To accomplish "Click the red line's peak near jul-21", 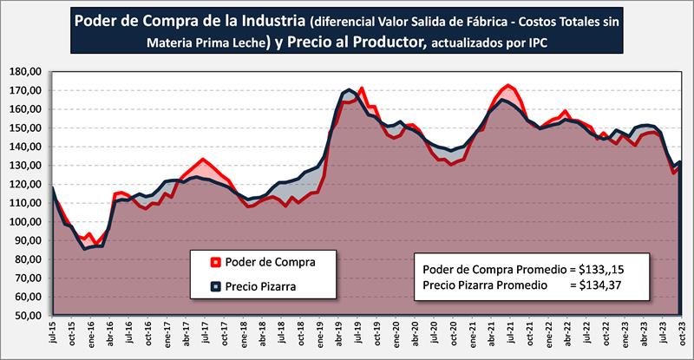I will pos(508,85).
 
